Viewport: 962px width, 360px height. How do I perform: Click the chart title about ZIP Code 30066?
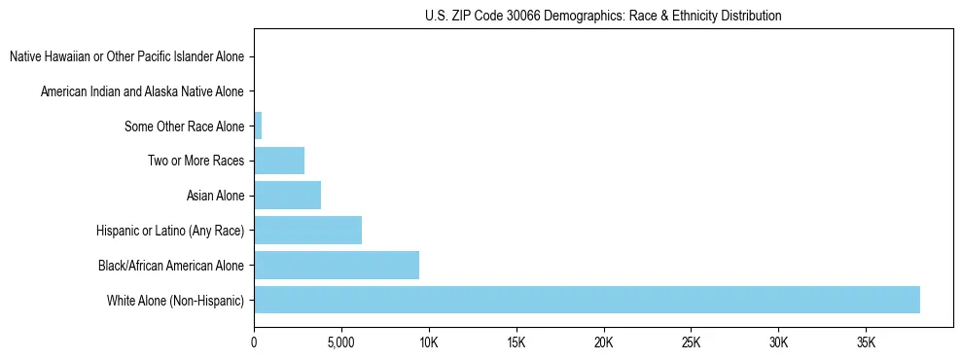pos(603,16)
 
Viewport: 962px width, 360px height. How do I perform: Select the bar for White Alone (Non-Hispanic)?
pos(587,300)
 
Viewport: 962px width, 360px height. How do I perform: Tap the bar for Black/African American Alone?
pos(337,265)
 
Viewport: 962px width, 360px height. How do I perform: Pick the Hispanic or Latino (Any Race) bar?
pos(307,231)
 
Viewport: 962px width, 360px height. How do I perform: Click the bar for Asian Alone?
pos(287,196)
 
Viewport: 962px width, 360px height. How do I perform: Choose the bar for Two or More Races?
pos(279,161)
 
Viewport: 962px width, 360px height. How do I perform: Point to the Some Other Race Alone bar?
pos(258,126)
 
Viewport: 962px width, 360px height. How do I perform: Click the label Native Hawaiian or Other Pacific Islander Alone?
pos(126,56)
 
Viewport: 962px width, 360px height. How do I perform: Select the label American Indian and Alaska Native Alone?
pos(142,91)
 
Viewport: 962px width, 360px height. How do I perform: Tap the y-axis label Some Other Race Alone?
pos(184,126)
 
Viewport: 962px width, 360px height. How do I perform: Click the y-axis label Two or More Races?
pos(196,161)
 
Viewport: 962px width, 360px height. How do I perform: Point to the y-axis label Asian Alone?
pos(215,196)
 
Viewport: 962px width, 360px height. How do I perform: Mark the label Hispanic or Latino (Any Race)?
pos(170,231)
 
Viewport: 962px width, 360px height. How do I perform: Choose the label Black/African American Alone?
pos(171,266)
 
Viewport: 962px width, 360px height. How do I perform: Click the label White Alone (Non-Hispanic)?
pos(176,301)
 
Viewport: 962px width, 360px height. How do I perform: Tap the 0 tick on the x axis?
pos(254,342)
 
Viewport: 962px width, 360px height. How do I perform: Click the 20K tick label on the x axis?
pos(603,342)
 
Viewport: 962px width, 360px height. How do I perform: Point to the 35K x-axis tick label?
pos(866,342)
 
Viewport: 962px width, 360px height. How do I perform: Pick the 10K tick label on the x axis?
pos(428,342)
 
